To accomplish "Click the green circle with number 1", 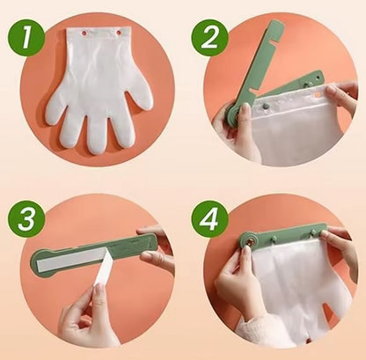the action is click(26, 38).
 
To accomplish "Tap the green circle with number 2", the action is click(209, 38).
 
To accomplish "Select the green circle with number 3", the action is click(26, 219).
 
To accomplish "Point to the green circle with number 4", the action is click(210, 219).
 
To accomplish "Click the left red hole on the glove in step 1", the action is click(86, 33).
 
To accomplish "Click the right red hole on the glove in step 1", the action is click(119, 33).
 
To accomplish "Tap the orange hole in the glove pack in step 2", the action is click(318, 94).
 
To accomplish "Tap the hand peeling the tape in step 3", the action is click(88, 315).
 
